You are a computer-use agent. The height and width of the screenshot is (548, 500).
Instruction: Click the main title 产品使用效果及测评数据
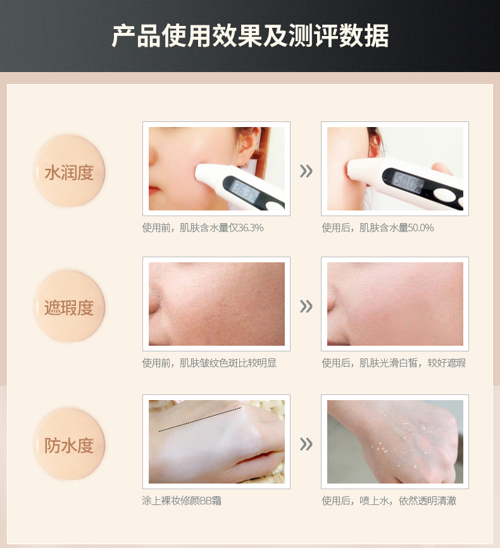(250, 35)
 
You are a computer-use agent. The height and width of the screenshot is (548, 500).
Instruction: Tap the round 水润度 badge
(70, 171)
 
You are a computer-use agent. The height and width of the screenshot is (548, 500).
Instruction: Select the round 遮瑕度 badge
(70, 307)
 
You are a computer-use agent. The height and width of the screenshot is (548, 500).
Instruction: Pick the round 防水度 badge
(70, 444)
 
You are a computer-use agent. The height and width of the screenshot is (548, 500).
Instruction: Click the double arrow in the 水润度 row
(306, 171)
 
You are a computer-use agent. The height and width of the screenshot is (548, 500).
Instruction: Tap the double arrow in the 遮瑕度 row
(306, 307)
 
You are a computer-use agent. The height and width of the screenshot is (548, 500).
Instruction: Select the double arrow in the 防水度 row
(306, 444)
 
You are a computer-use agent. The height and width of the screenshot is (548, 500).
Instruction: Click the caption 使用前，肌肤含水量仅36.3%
(203, 228)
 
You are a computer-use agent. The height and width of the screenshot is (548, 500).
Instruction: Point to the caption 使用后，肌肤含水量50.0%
(378, 228)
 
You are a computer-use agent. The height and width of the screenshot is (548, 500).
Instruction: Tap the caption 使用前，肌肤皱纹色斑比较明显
(209, 363)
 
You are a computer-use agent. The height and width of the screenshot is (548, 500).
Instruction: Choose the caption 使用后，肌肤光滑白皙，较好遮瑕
(394, 363)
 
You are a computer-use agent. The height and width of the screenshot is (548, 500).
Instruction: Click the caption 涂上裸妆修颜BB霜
(182, 501)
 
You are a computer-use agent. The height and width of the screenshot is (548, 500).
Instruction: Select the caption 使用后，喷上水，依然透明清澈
(389, 501)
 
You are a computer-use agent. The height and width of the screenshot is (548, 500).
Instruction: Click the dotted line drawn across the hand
(200, 420)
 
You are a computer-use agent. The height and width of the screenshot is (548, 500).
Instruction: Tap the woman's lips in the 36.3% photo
(153, 191)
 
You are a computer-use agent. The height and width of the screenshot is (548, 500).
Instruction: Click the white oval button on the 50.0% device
(443, 194)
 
